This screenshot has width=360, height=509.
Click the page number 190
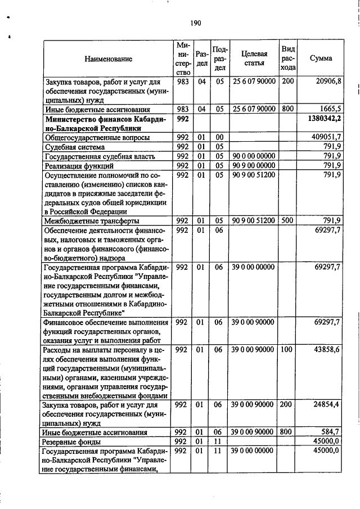pyautogui.click(x=195, y=22)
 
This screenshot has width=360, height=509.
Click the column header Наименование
pyautogui.click(x=109, y=58)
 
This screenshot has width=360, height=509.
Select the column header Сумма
pyautogui.click(x=321, y=58)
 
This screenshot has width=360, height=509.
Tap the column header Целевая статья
pyautogui.click(x=254, y=58)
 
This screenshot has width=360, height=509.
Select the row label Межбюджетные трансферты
pyautogui.click(x=92, y=220)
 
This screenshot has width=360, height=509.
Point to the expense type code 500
pyautogui.click(x=287, y=220)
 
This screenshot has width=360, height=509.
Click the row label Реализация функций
pyautogui.click(x=79, y=166)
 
